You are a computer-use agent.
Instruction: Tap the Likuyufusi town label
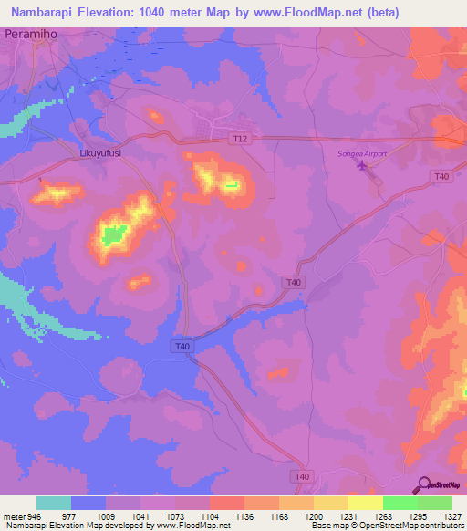click(100, 154)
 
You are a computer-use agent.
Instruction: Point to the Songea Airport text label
click(362, 154)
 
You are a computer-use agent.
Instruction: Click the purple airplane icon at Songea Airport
click(364, 165)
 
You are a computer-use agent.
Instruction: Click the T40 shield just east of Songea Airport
click(442, 176)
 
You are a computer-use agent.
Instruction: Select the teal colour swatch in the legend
click(54, 503)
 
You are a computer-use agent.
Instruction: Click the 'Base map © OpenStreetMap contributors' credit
click(387, 526)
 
